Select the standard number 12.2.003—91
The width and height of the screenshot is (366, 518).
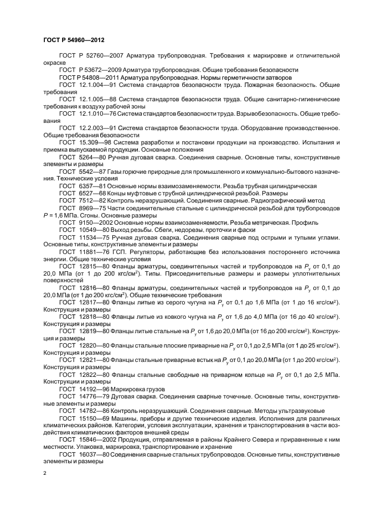[x=97, y=128]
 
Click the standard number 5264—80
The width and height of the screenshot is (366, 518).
[x=91, y=157]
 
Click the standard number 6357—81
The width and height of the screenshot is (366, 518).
[x=91, y=186]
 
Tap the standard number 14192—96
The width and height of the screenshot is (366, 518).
[x=93, y=388]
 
